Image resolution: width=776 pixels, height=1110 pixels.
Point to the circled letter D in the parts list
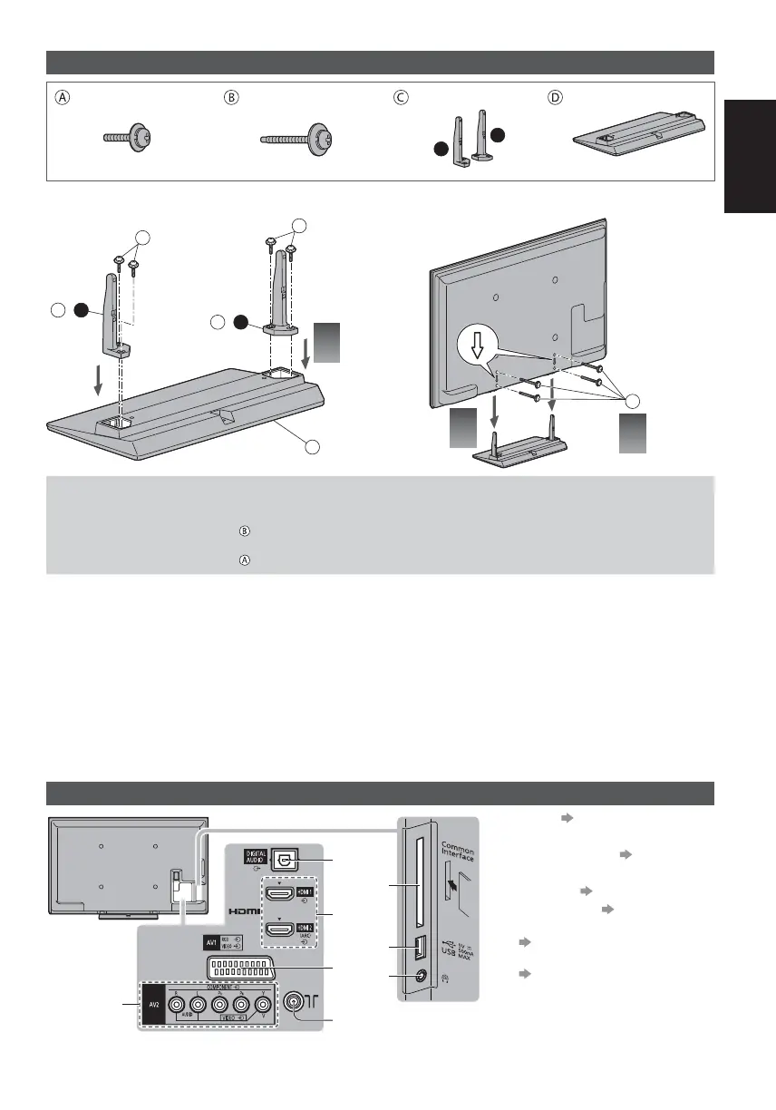point(556,100)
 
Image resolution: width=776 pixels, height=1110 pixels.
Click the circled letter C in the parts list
point(399,100)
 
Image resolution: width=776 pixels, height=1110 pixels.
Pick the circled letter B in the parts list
point(230,100)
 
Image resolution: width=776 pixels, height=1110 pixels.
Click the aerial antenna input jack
point(295,1002)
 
